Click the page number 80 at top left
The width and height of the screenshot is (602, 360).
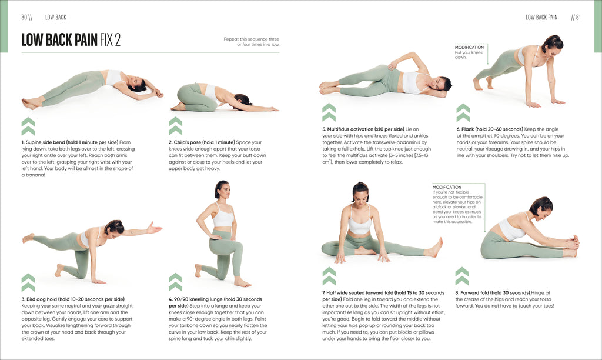pos(25,17)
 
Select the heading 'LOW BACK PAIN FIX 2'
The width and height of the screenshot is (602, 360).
pos(71,40)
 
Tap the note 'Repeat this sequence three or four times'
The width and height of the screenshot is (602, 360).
pos(251,42)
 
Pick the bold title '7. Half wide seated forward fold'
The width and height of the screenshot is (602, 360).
pos(383,292)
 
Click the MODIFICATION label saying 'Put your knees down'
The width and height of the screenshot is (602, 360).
pos(469,47)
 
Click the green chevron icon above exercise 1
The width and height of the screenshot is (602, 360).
pos(28,126)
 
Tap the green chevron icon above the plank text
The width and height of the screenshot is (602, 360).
pos(463,112)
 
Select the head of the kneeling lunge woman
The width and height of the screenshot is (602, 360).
pos(222,189)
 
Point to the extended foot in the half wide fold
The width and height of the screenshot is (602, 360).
pos(434,247)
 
